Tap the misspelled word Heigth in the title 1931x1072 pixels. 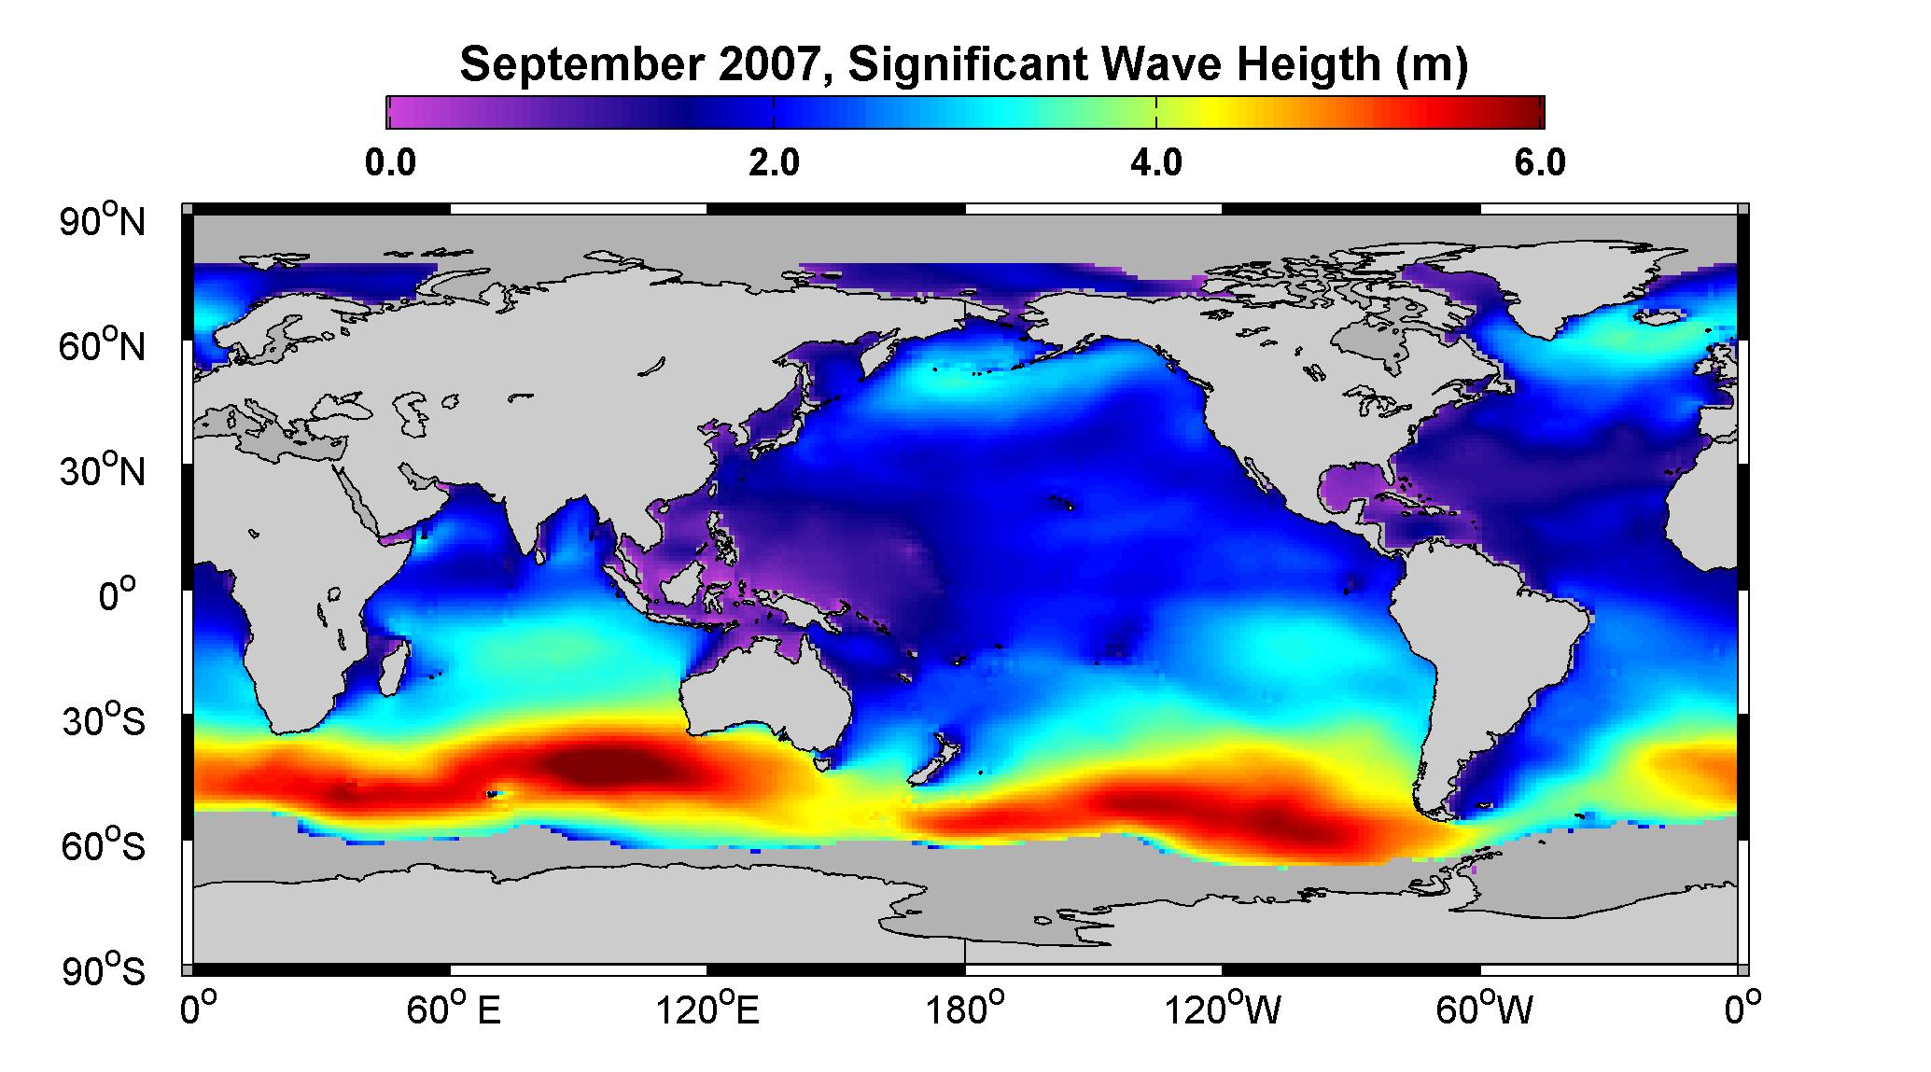click(x=1306, y=65)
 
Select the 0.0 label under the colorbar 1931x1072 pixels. click(x=390, y=163)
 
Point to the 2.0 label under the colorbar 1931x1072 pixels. click(x=774, y=163)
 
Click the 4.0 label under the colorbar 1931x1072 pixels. click(x=1156, y=163)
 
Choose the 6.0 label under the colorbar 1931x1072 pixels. click(x=1540, y=163)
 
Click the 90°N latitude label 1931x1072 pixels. click(x=104, y=221)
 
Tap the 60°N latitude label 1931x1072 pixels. click(x=104, y=346)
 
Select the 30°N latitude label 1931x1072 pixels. click(x=104, y=471)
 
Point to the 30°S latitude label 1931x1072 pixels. click(x=104, y=721)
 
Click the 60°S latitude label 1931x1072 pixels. click(x=104, y=846)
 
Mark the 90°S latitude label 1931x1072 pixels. click(x=104, y=971)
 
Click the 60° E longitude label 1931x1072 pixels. click(x=454, y=1009)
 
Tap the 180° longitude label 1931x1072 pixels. click(x=965, y=1009)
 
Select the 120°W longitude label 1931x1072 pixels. click(x=1223, y=1009)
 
